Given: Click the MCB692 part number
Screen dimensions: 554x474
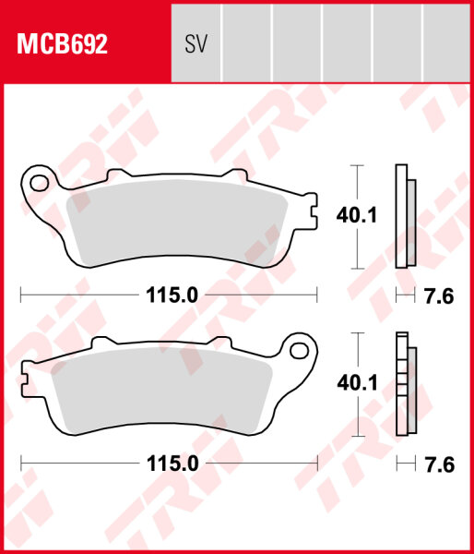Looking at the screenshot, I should (x=59, y=43).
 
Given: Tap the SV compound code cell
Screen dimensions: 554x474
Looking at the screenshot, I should (x=195, y=43).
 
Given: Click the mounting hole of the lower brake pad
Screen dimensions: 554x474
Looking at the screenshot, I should (x=298, y=349).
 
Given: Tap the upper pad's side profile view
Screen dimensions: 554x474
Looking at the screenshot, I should (x=404, y=217).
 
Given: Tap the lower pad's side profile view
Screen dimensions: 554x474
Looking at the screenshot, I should (x=404, y=383).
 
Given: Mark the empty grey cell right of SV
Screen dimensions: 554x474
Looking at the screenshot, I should (x=247, y=43).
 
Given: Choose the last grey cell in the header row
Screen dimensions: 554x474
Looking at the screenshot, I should (x=446, y=43).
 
